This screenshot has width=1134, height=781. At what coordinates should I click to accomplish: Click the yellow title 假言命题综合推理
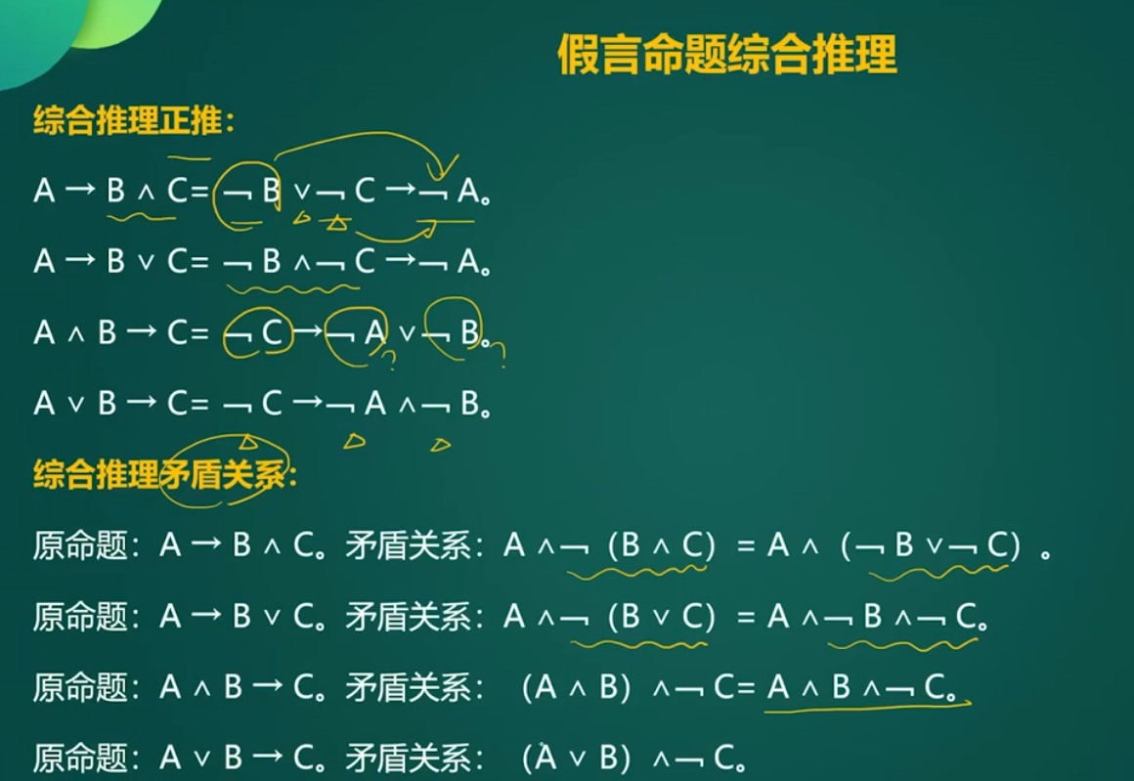726,54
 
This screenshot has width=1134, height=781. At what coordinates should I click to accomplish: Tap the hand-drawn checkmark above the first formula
443,166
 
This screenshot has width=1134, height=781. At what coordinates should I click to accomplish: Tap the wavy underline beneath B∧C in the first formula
141,216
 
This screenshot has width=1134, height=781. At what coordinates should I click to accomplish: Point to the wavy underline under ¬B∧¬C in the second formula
292,289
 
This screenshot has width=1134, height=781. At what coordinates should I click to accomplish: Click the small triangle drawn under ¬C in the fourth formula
248,441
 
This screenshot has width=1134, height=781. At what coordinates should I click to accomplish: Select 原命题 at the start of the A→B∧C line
80,545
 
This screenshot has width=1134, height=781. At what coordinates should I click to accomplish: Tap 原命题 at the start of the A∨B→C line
80,758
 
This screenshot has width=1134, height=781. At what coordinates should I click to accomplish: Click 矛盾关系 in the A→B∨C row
408,616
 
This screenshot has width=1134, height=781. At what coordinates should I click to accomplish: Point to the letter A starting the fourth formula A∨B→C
44,403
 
